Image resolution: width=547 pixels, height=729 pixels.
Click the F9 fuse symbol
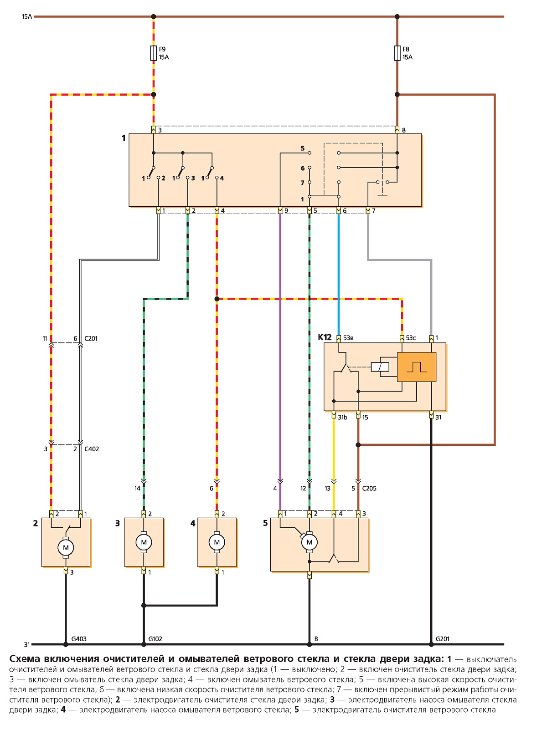(153, 53)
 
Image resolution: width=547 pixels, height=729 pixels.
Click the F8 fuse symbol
(397, 53)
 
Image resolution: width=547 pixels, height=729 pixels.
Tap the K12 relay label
(325, 337)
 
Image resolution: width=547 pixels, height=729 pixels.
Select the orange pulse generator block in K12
(416, 367)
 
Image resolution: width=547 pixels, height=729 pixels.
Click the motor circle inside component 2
(66, 547)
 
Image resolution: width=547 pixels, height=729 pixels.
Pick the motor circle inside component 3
(144, 542)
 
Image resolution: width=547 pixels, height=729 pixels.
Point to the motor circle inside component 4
(217, 542)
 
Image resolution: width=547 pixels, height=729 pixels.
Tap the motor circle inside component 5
(310, 542)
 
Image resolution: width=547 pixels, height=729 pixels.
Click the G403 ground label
(79, 639)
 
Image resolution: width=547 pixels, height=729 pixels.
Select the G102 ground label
(155, 639)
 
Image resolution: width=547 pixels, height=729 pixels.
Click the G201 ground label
(442, 639)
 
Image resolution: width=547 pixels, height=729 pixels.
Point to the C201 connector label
(91, 338)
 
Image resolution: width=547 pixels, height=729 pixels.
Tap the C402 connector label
(92, 449)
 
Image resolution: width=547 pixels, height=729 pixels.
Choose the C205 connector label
(369, 488)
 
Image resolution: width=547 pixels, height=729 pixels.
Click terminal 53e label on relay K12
(348, 338)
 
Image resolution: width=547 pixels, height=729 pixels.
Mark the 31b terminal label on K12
(342, 418)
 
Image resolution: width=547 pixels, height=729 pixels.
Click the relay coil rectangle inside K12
(380, 367)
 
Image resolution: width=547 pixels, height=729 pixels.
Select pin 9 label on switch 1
(286, 210)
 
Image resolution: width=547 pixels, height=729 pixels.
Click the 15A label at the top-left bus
(27, 16)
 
